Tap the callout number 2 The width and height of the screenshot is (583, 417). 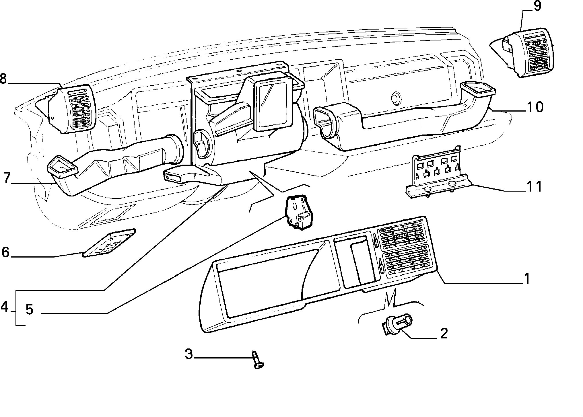444,334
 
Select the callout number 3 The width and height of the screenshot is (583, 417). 188,354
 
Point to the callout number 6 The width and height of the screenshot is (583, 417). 5,252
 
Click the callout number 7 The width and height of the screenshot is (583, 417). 7,178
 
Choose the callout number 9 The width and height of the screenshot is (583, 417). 537,6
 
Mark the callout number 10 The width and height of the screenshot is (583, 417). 535,107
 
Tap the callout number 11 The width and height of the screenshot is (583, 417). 534,186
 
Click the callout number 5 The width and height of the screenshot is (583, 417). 30,309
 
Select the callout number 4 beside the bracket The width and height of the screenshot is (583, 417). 5,307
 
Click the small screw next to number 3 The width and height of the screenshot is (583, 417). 258,359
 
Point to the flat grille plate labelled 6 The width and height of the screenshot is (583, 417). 109,243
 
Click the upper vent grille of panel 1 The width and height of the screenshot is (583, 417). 401,234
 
